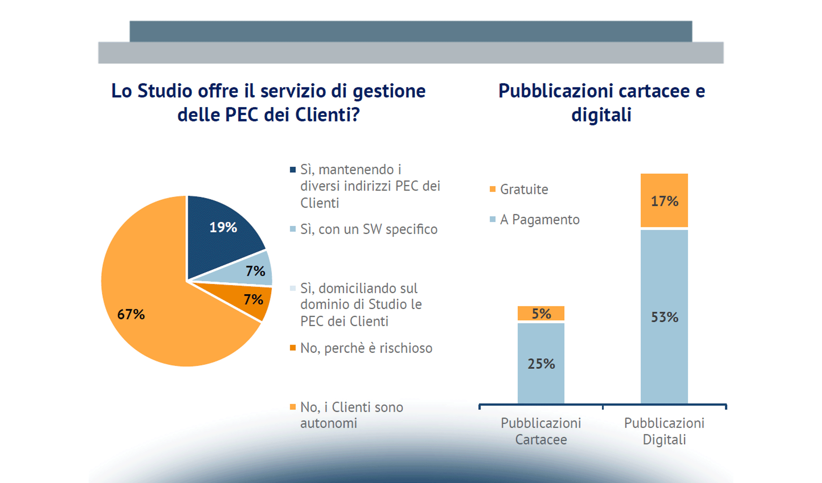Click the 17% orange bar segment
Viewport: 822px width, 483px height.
pyautogui.click(x=664, y=200)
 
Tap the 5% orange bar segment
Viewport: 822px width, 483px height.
pyautogui.click(x=541, y=313)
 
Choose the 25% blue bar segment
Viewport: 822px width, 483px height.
pyautogui.click(x=541, y=363)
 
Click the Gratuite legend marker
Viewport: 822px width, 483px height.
pyautogui.click(x=492, y=189)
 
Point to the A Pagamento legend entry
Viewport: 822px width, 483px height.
pyautogui.click(x=539, y=220)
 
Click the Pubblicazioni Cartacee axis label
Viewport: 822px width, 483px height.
pyautogui.click(x=541, y=431)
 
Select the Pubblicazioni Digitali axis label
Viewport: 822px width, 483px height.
pyautogui.click(x=664, y=431)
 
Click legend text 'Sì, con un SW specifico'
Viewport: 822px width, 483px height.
pyautogui.click(x=368, y=229)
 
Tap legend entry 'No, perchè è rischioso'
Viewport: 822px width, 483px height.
pyautogui.click(x=366, y=348)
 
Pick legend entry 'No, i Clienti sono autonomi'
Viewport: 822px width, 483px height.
pyautogui.click(x=351, y=415)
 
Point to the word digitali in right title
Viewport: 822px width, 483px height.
pyautogui.click(x=601, y=115)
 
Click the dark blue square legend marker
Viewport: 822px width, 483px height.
pyautogui.click(x=293, y=169)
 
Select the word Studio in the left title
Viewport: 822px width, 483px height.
pyautogui.click(x=164, y=91)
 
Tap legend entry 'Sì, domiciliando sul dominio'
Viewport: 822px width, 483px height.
pyautogui.click(x=361, y=305)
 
